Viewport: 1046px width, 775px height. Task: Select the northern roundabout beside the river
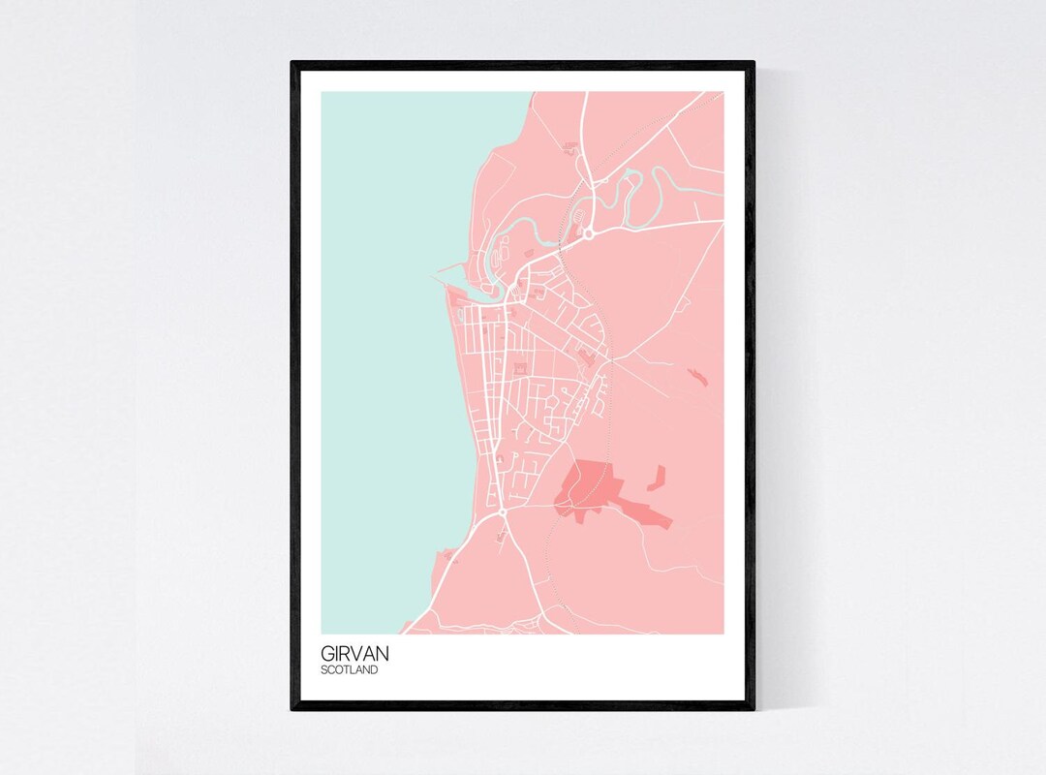(x=587, y=233)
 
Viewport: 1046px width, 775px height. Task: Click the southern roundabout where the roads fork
(x=503, y=511)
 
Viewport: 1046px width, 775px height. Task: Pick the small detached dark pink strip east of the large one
(x=658, y=477)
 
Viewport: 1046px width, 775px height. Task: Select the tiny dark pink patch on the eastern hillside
(x=697, y=376)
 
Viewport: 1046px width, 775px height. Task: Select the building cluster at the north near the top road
(x=569, y=148)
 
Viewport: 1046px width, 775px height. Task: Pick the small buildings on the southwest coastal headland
(x=447, y=556)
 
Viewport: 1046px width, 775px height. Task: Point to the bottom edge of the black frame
(x=523, y=706)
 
